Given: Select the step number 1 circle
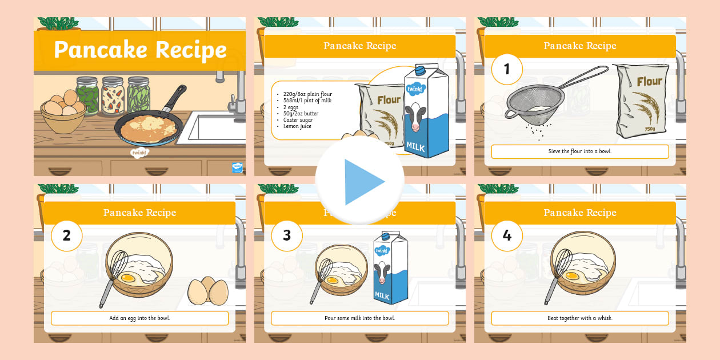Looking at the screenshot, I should [506, 69].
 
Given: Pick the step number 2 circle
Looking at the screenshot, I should [66, 235].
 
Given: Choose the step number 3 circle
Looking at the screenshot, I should [286, 235].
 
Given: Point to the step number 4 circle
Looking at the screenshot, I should [506, 235].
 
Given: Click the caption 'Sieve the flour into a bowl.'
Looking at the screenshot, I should [579, 151].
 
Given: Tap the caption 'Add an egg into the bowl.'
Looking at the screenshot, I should [139, 318].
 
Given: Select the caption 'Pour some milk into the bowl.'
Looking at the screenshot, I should [359, 318].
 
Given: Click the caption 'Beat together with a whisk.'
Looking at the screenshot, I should [579, 318].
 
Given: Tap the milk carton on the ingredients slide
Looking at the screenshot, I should [426, 111].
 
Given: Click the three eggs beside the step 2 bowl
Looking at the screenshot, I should [208, 291].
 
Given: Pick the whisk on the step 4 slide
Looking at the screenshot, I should [557, 274].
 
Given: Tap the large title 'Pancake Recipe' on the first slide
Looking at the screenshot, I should [140, 50].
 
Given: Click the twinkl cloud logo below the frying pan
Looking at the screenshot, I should [139, 153].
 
